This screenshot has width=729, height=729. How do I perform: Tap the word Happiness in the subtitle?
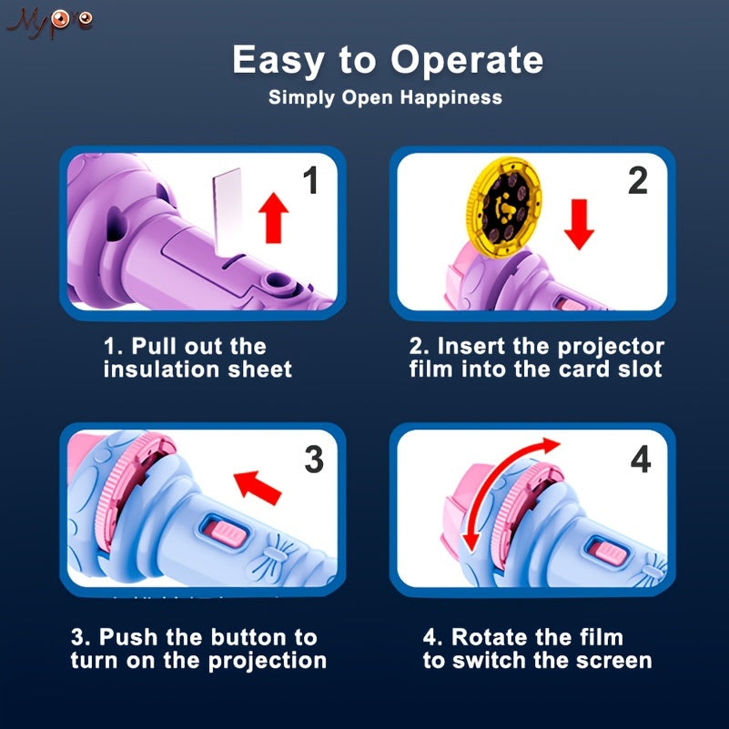click(x=451, y=98)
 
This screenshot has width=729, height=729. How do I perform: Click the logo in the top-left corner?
click(x=50, y=23)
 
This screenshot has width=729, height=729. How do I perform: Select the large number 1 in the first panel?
click(x=311, y=180)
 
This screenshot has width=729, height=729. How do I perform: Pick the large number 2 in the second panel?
click(x=637, y=180)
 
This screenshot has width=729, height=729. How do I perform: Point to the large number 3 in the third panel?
click(x=314, y=460)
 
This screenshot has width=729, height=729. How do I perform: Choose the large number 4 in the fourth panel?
click(x=641, y=460)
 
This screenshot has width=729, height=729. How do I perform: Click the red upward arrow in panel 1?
click(x=273, y=218)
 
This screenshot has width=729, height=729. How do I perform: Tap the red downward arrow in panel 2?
click(x=579, y=225)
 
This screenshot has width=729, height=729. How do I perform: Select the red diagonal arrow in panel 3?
click(x=257, y=487)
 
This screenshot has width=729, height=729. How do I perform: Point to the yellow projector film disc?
click(x=503, y=207)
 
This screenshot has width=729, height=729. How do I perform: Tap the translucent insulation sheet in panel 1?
click(x=228, y=212)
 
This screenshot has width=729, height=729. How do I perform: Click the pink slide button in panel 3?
click(x=227, y=533)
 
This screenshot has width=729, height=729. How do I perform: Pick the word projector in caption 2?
click(x=611, y=348)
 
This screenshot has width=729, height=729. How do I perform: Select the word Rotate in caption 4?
click(x=488, y=637)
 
